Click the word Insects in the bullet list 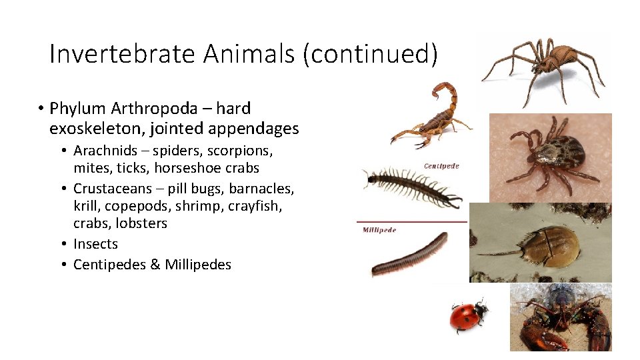point(95,244)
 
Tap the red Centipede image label point(441,165)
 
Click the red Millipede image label point(379,230)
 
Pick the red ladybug point(467,316)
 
